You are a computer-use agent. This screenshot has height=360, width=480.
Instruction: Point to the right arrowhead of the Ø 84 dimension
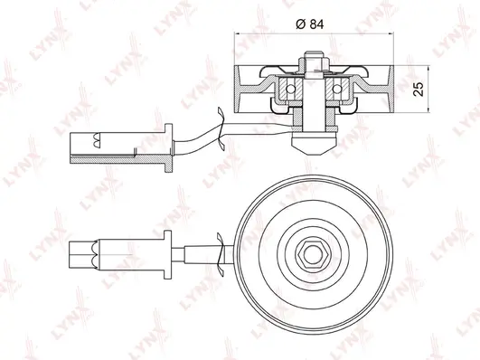(390, 33)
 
